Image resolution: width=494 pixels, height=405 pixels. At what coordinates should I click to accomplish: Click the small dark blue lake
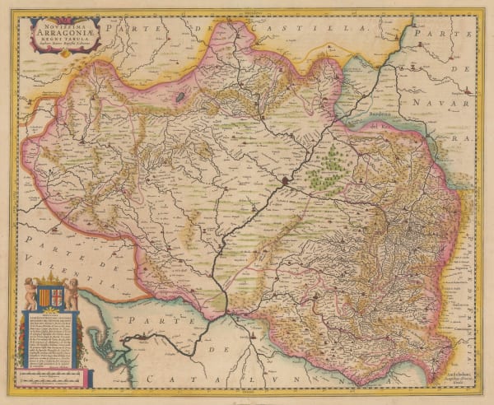(179, 96)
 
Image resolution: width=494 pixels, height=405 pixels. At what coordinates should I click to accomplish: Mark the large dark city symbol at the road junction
(285, 179)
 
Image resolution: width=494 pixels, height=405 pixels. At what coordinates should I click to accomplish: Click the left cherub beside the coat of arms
(30, 292)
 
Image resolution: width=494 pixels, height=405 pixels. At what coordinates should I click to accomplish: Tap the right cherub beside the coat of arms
(72, 292)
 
